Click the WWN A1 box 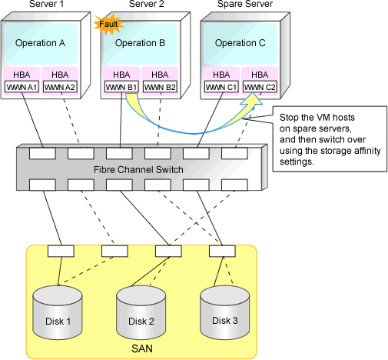pyautogui.click(x=22, y=87)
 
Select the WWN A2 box pyautogui.click(x=60, y=87)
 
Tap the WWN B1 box pyautogui.click(x=121, y=87)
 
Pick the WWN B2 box pyautogui.click(x=160, y=87)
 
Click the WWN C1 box pyautogui.click(x=221, y=87)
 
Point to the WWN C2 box pyautogui.click(x=260, y=87)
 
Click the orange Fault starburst pyautogui.click(x=109, y=25)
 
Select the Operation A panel pyautogui.click(x=41, y=44)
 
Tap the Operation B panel pyautogui.click(x=141, y=44)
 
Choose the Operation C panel pyautogui.click(x=240, y=44)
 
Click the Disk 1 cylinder pyautogui.click(x=58, y=312)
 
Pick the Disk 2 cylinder pyautogui.click(x=141, y=312)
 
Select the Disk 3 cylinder pyautogui.click(x=224, y=312)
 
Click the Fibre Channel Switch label pyautogui.click(x=138, y=170)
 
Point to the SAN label pyautogui.click(x=142, y=348)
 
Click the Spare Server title pyautogui.click(x=245, y=4)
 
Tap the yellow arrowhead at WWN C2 pyautogui.click(x=252, y=99)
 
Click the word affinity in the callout pyautogui.click(x=367, y=151)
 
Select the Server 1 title pyautogui.click(x=46, y=4)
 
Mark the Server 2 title pyautogui.click(x=146, y=4)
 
